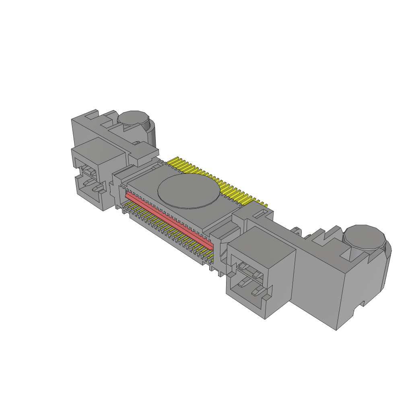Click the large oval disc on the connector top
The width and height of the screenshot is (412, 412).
pyautogui.click(x=189, y=192)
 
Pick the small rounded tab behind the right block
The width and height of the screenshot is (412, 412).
pyautogui.click(x=297, y=230)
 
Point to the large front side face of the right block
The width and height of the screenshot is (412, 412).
pyautogui.click(x=318, y=294)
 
